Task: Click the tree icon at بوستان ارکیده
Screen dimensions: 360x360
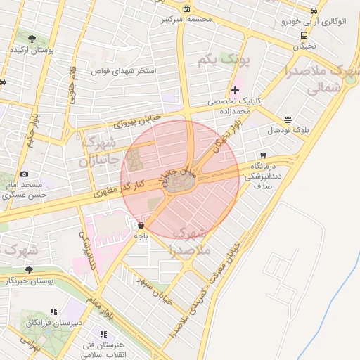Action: click(32, 39)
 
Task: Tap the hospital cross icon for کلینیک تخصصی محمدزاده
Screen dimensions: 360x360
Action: click(235, 90)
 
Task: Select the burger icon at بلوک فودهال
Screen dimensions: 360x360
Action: click(288, 120)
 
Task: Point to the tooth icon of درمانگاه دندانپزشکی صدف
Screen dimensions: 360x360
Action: click(263, 155)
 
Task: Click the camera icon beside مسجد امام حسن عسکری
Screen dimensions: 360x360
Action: click(25, 174)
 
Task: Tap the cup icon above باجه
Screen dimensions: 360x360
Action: click(141, 226)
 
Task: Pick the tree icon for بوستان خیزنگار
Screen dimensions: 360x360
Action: click(29, 269)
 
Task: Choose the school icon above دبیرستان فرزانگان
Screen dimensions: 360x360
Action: click(53, 311)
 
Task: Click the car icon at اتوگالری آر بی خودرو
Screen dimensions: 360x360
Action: click(314, 11)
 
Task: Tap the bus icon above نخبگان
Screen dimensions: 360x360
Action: click(304, 34)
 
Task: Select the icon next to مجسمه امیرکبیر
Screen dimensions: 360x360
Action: click(186, 8)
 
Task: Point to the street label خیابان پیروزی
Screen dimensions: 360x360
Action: click(137, 120)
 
